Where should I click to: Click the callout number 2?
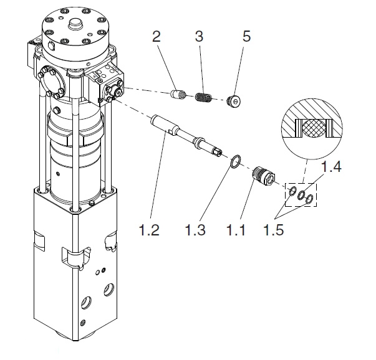click(x=156, y=37)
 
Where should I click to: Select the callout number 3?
click(x=199, y=37)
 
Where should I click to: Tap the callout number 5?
click(x=246, y=37)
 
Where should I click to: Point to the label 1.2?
click(x=149, y=230)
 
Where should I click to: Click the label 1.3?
click(x=195, y=230)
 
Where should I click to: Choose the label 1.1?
click(x=236, y=230)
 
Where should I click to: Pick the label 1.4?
click(x=331, y=166)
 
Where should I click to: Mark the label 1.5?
click(x=274, y=230)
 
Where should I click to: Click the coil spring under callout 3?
click(x=203, y=97)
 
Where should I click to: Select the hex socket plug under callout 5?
click(x=234, y=102)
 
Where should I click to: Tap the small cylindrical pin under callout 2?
click(x=179, y=94)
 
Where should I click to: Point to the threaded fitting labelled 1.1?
click(x=264, y=176)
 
